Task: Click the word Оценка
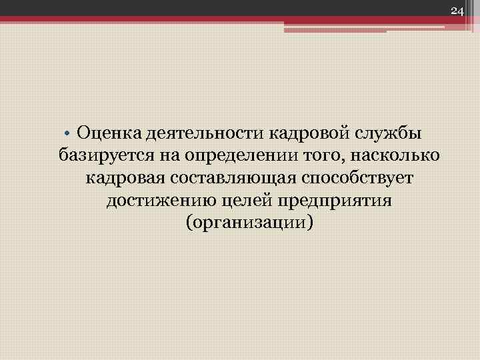[107, 134]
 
